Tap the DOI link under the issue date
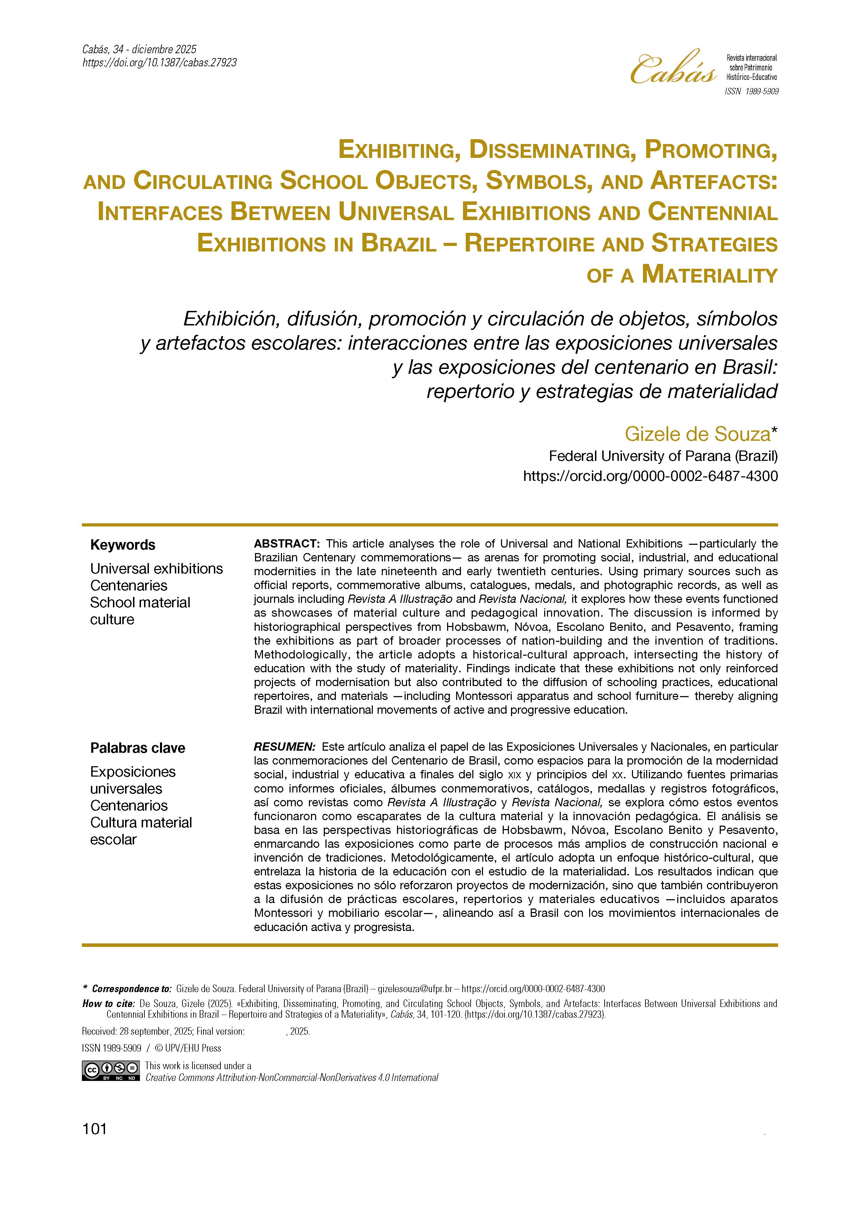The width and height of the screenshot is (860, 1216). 159,63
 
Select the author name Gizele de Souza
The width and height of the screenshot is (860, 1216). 697,434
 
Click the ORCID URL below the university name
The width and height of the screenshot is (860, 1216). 650,476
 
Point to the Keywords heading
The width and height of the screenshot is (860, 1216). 122,545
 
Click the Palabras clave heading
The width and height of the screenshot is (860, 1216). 138,748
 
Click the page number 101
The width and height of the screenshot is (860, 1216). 95,1129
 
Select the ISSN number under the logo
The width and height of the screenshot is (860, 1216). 752,92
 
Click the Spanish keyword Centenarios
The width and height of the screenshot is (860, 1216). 129,806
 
